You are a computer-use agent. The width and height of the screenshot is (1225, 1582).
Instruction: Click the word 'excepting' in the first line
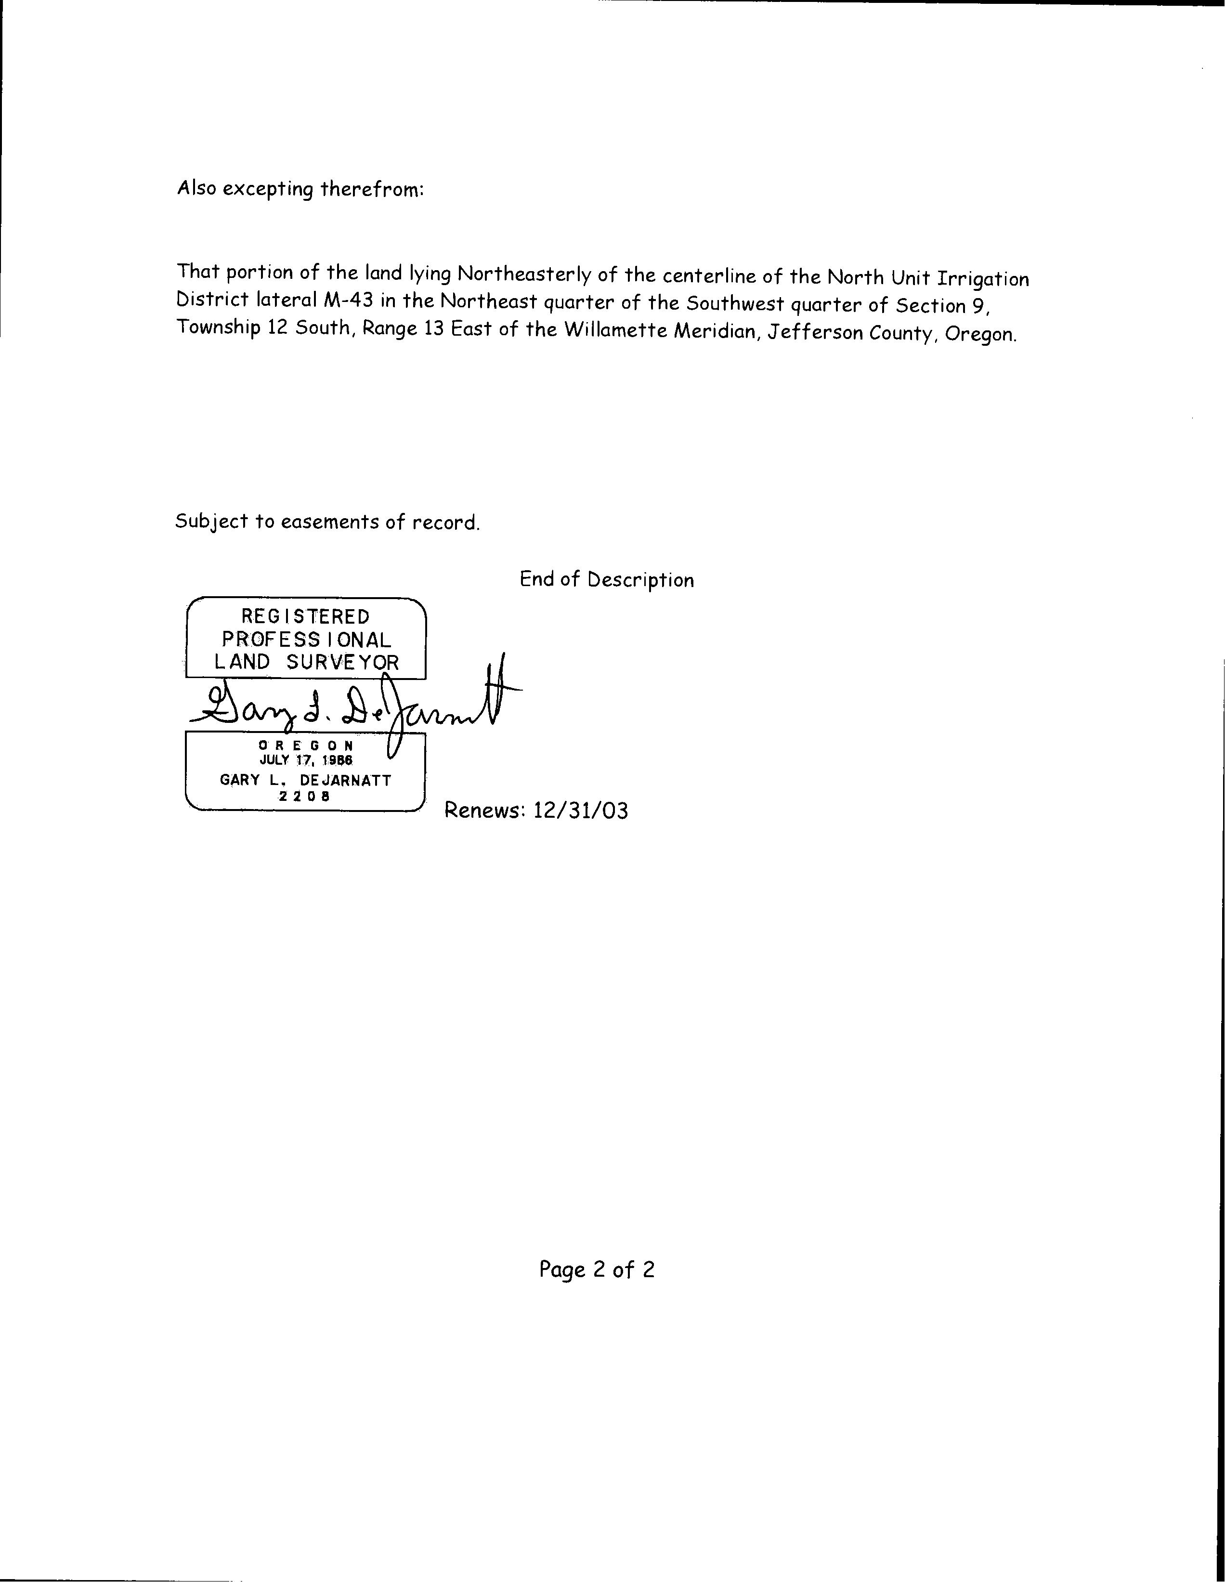click(267, 189)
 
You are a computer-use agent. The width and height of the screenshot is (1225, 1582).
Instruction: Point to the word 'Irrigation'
click(983, 280)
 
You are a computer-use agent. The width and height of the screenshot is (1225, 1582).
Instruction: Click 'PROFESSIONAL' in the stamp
click(306, 639)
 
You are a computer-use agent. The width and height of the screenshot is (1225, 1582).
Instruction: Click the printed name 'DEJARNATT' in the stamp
click(346, 780)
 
